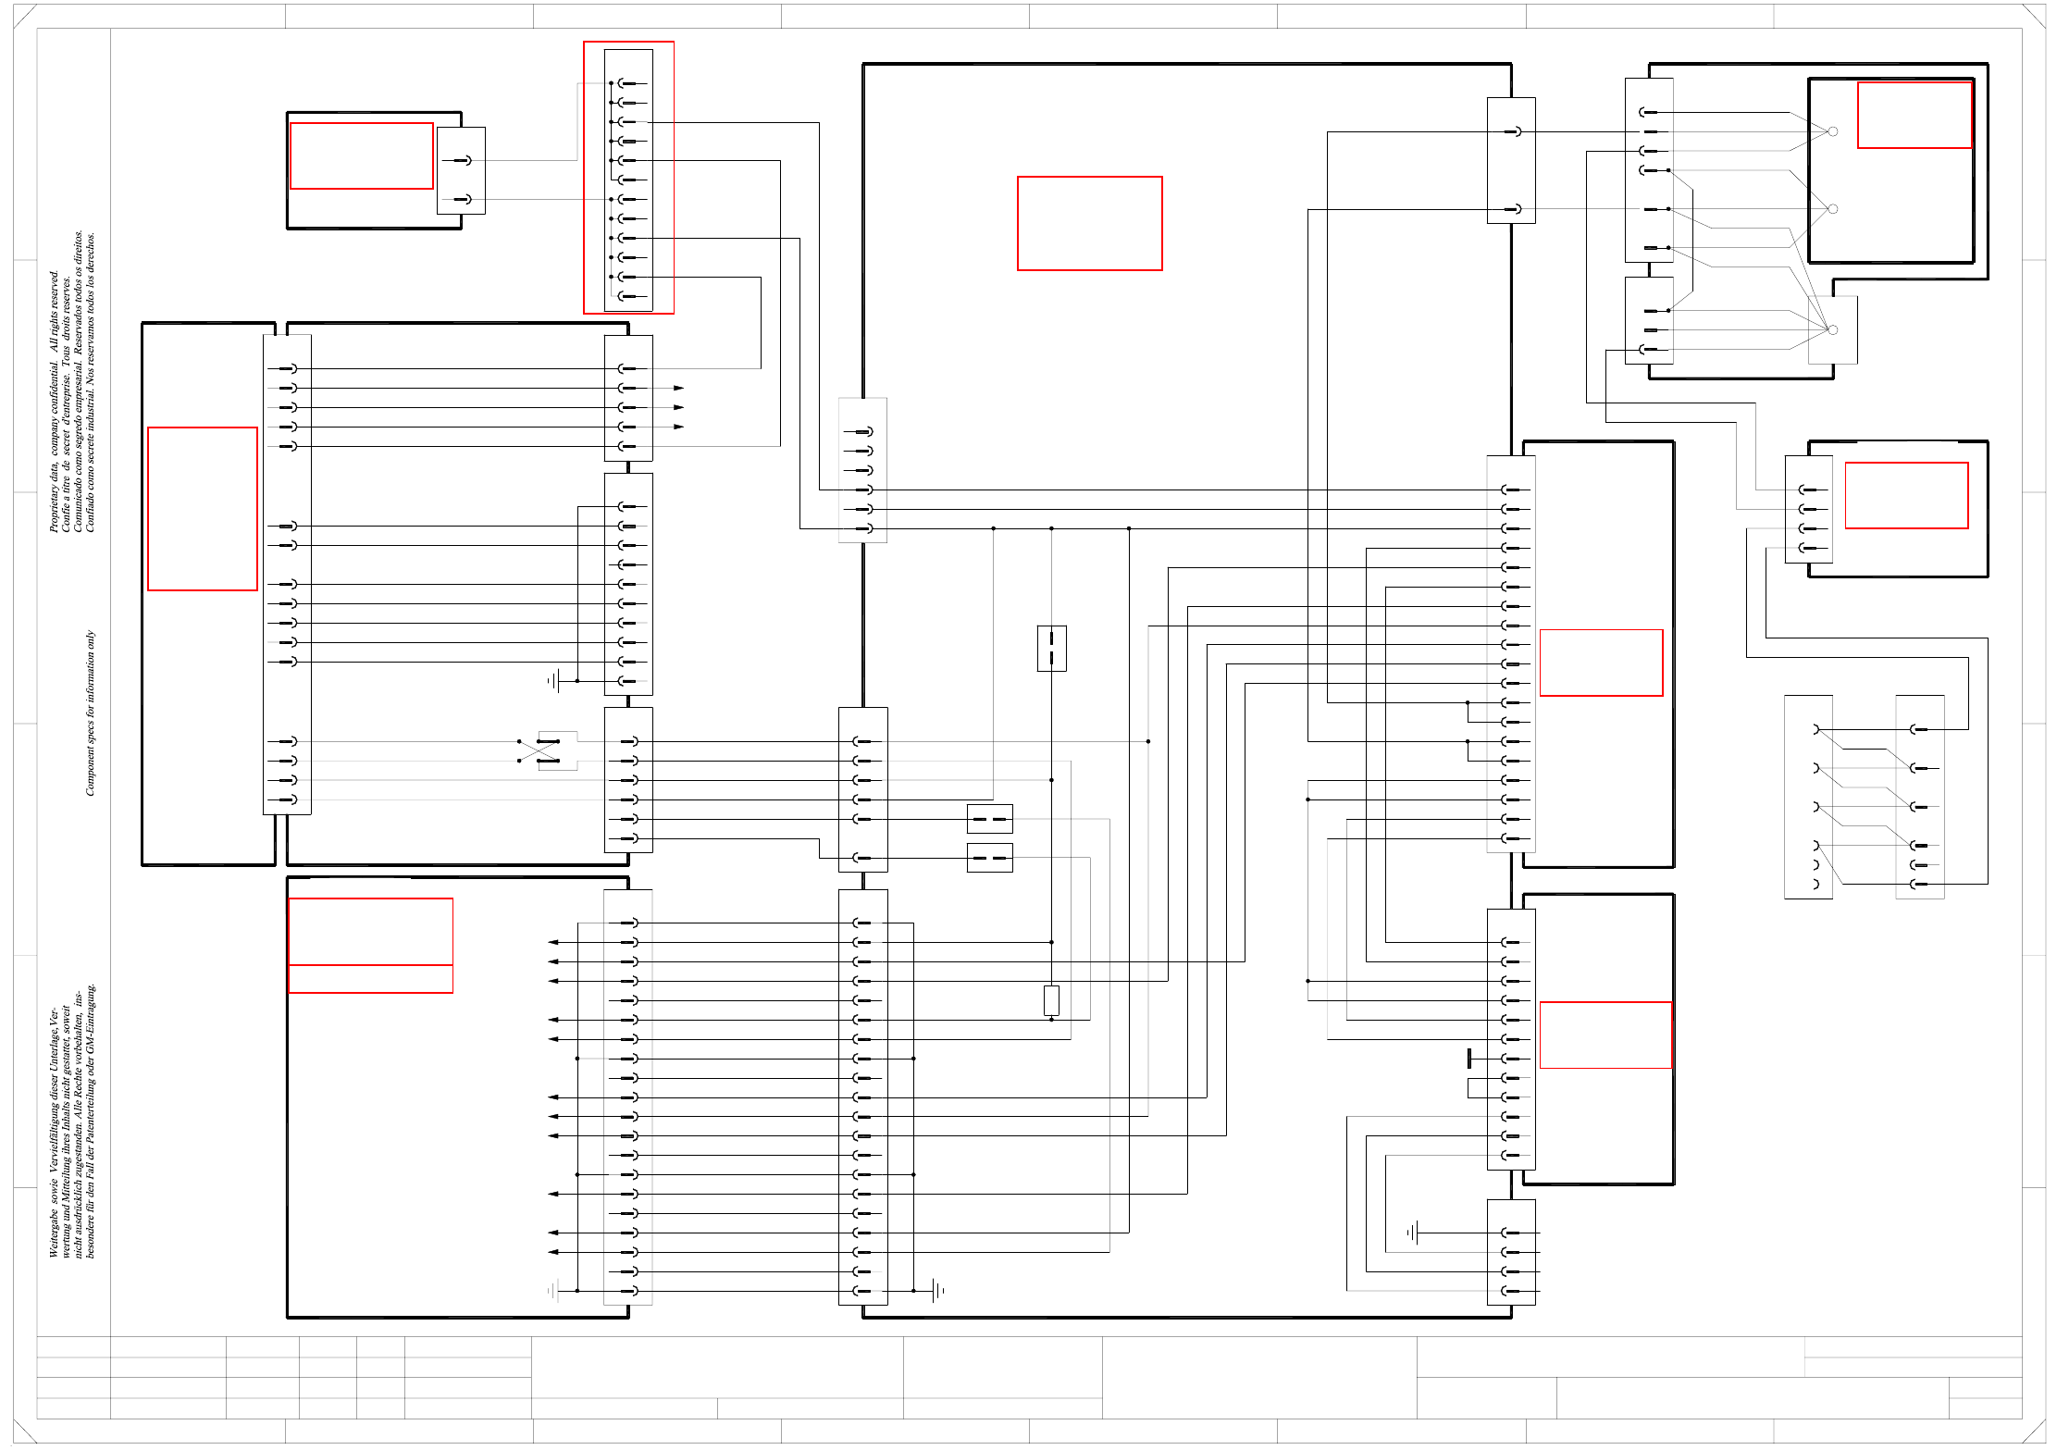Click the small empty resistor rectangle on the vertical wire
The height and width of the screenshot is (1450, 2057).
pyautogui.click(x=1051, y=1000)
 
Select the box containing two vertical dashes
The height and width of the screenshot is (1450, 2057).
pyautogui.click(x=1052, y=648)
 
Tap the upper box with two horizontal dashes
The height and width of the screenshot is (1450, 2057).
pyautogui.click(x=990, y=819)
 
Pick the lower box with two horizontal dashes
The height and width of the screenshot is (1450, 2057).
pyautogui.click(x=990, y=858)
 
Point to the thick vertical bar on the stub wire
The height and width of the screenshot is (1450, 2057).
pyautogui.click(x=1469, y=1059)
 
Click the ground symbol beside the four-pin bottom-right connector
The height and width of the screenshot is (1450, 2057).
pyautogui.click(x=1413, y=1233)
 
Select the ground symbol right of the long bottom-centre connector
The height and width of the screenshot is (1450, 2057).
pyautogui.click(x=938, y=1290)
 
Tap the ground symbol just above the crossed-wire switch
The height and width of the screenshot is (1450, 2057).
pyautogui.click(x=554, y=681)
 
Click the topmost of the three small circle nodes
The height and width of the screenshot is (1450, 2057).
pyautogui.click(x=1833, y=131)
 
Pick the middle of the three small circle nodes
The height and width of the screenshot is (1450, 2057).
pyautogui.click(x=1833, y=209)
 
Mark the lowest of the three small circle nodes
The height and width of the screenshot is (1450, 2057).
pyautogui.click(x=1833, y=330)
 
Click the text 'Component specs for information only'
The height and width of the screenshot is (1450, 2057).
pyautogui.click(x=90, y=713)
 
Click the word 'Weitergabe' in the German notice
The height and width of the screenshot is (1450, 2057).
pyautogui.click(x=54, y=1231)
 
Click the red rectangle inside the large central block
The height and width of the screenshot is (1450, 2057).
pyautogui.click(x=1090, y=224)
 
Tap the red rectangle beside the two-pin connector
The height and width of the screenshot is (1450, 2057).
pyautogui.click(x=362, y=155)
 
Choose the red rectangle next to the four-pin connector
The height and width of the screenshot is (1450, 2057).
pyautogui.click(x=1906, y=495)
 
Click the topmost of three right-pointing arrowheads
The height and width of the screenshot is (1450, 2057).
pyautogui.click(x=679, y=388)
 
